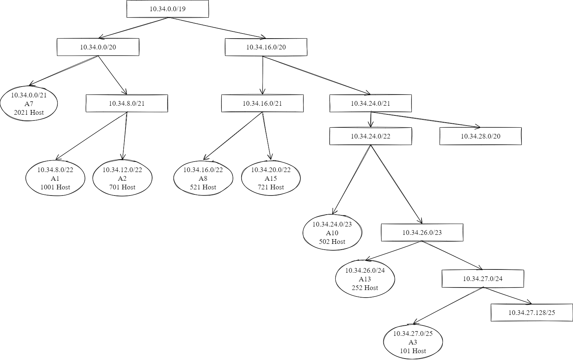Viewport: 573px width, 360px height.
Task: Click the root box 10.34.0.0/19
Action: [x=168, y=9]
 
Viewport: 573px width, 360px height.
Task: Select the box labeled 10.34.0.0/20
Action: [x=98, y=47]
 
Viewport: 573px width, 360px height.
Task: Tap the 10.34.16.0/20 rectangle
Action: [x=266, y=47]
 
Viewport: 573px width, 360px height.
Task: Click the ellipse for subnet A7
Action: [x=29, y=104]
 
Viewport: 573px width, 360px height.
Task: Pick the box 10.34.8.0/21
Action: [x=127, y=103]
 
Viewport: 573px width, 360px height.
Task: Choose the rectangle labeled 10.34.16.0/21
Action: [x=262, y=103]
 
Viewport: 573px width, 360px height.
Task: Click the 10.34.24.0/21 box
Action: [x=370, y=103]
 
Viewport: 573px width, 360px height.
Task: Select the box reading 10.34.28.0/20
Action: [x=480, y=136]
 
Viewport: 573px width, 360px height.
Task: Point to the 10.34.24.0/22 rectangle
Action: [x=370, y=136]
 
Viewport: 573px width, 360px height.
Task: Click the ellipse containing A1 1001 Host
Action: [x=55, y=178]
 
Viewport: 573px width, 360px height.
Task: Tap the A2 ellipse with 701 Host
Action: [x=122, y=178]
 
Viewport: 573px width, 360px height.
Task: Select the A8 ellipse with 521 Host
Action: [x=203, y=178]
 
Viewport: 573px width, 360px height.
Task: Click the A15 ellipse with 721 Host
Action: [x=270, y=178]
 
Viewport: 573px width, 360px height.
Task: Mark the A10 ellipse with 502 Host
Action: [x=332, y=233]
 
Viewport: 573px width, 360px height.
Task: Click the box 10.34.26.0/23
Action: [x=422, y=232]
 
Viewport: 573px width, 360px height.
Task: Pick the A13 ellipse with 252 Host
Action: [x=365, y=279]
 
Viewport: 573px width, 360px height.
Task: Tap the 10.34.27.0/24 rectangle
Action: [x=482, y=278]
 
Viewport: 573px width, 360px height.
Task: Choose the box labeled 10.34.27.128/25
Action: [x=532, y=312]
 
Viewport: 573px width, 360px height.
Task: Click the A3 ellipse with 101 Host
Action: [x=413, y=342]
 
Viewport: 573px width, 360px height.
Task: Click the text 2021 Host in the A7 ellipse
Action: [x=29, y=113]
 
